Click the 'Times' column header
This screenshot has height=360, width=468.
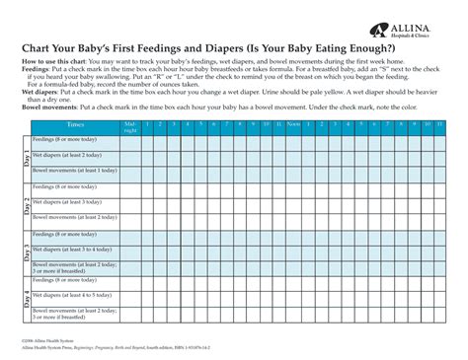click(75, 125)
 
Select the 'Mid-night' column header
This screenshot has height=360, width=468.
click(130, 126)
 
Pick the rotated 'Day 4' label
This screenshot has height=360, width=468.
click(27, 299)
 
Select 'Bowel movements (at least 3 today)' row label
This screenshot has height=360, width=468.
click(73, 218)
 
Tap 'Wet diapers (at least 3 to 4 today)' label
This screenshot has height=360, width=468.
click(73, 250)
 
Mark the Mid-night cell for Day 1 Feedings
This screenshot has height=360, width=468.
click(130, 140)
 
